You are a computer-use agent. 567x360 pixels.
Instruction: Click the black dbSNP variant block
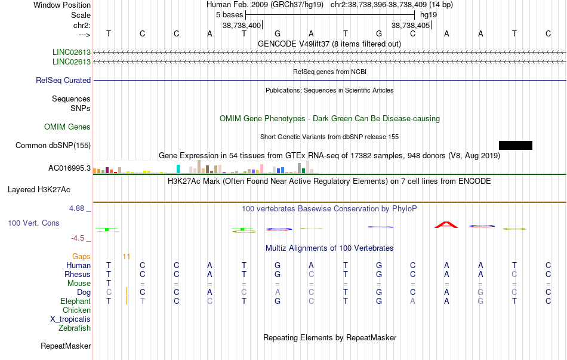click(x=515, y=146)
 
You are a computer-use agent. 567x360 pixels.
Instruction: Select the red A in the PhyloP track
click(x=446, y=224)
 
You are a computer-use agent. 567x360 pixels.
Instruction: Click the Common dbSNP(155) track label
click(x=53, y=146)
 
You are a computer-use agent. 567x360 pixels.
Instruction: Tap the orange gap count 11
click(x=126, y=257)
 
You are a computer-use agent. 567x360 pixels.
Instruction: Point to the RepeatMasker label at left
click(x=66, y=346)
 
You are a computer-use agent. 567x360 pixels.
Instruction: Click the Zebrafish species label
click(x=75, y=328)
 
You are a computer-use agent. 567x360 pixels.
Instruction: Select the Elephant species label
click(x=76, y=301)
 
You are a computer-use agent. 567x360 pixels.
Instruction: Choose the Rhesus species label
click(x=78, y=274)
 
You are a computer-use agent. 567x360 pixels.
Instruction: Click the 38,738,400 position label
click(x=242, y=25)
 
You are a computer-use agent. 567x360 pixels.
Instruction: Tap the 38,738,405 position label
click(x=411, y=25)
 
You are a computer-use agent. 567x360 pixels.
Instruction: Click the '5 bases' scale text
click(x=230, y=15)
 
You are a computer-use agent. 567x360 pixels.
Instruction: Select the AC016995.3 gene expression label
click(x=69, y=168)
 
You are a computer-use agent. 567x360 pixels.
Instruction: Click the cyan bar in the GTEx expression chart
click(x=178, y=169)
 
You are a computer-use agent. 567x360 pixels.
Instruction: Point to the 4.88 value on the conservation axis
click(x=76, y=208)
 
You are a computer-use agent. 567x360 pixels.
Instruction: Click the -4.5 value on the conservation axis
click(x=78, y=238)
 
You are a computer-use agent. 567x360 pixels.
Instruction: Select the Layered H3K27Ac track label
click(x=39, y=190)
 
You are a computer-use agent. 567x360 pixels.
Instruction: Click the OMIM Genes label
click(x=67, y=127)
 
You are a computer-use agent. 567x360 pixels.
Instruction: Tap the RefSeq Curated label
click(x=63, y=81)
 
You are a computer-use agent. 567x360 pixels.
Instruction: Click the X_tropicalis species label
click(x=70, y=319)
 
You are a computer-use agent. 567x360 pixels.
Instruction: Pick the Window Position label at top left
click(x=62, y=5)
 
